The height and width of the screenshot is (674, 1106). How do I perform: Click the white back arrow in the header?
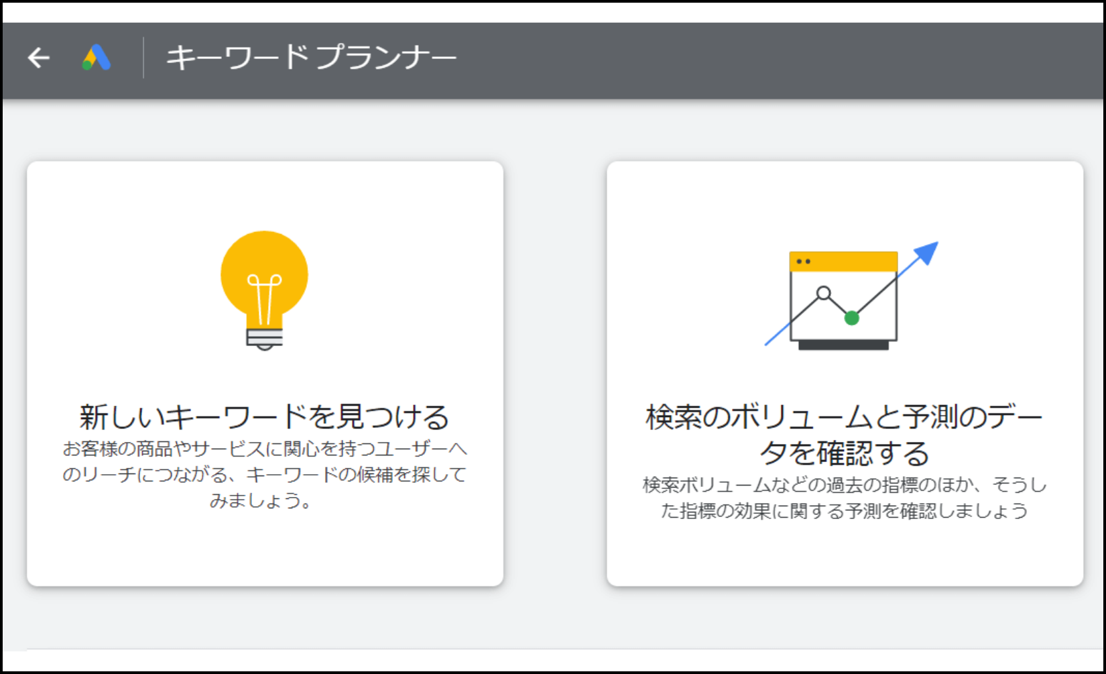click(38, 58)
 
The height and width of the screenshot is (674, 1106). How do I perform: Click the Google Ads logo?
click(97, 57)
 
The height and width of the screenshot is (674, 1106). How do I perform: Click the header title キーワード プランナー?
click(311, 58)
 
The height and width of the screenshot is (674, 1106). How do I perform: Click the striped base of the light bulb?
click(265, 338)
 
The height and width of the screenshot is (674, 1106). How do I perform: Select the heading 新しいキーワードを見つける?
click(265, 416)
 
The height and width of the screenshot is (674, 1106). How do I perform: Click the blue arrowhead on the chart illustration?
click(926, 253)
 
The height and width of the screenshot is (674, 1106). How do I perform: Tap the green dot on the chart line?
click(852, 319)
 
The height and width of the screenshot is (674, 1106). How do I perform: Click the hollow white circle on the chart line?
click(824, 293)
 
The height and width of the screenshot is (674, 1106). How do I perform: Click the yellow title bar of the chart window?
click(843, 262)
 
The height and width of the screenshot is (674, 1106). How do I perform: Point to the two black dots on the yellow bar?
click(803, 262)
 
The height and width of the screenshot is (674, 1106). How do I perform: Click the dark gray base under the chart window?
click(843, 345)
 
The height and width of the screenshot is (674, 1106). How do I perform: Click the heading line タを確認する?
click(845, 453)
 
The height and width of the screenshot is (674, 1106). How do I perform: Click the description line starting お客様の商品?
click(265, 449)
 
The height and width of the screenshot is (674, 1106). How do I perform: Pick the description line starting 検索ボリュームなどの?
click(845, 485)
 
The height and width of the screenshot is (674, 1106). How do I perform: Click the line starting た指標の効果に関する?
click(845, 511)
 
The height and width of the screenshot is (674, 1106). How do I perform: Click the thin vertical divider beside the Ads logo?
click(143, 57)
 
